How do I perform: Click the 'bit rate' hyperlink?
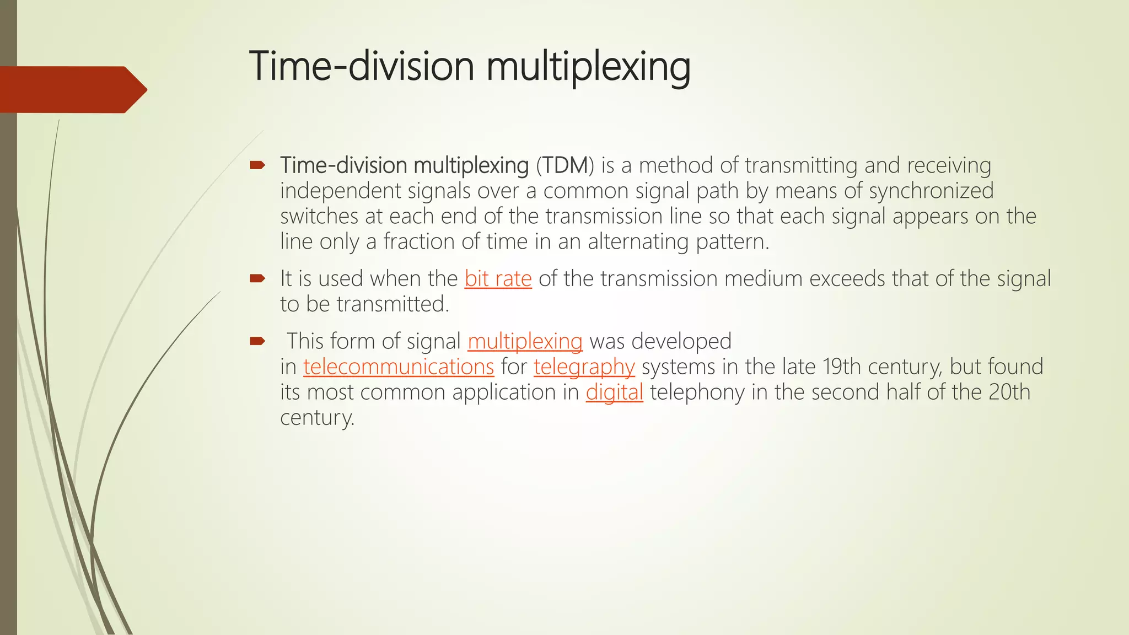point(498,279)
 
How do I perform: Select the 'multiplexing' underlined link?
point(525,342)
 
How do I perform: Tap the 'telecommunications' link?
point(399,367)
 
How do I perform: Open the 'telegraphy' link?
point(584,367)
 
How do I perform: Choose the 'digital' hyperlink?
point(614,392)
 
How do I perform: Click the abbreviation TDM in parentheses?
point(565,165)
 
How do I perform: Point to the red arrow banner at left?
point(72,90)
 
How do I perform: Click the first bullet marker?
point(257,165)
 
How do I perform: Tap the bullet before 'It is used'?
point(257,278)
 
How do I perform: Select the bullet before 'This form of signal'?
point(257,341)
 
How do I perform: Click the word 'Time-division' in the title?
point(361,66)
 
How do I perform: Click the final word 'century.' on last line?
point(317,418)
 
